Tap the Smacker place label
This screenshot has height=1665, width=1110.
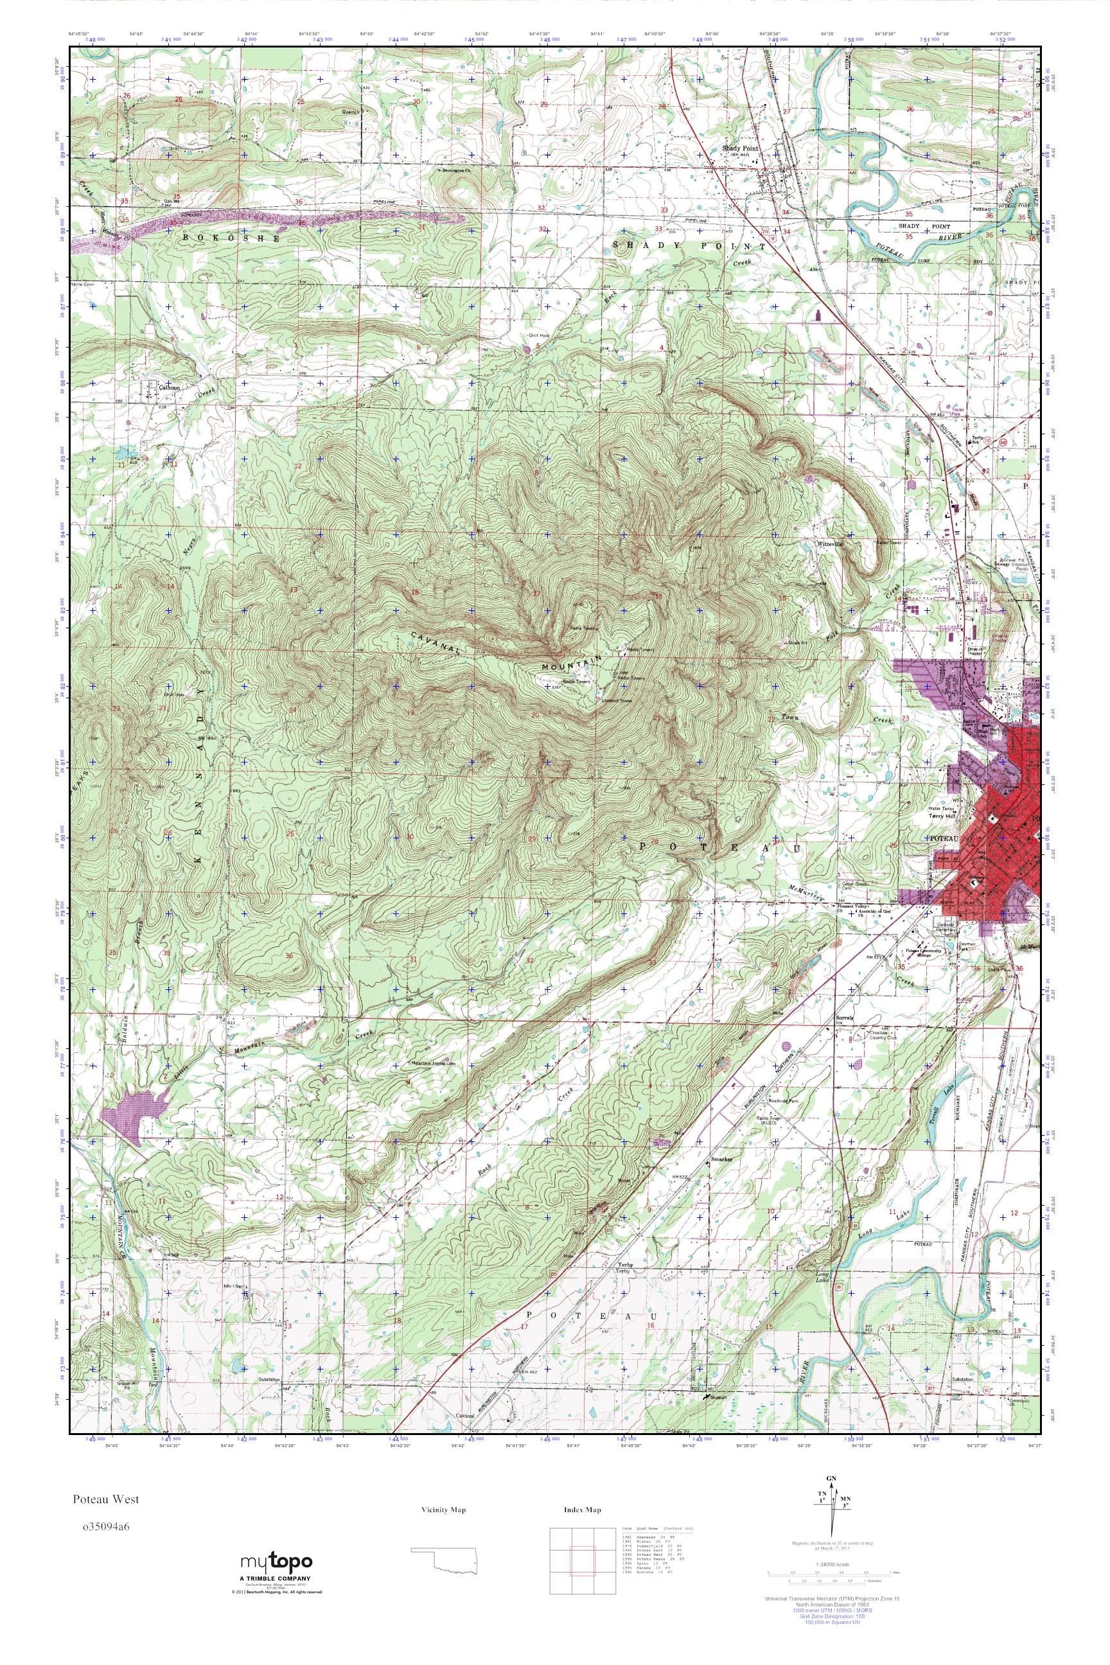[721, 1159]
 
